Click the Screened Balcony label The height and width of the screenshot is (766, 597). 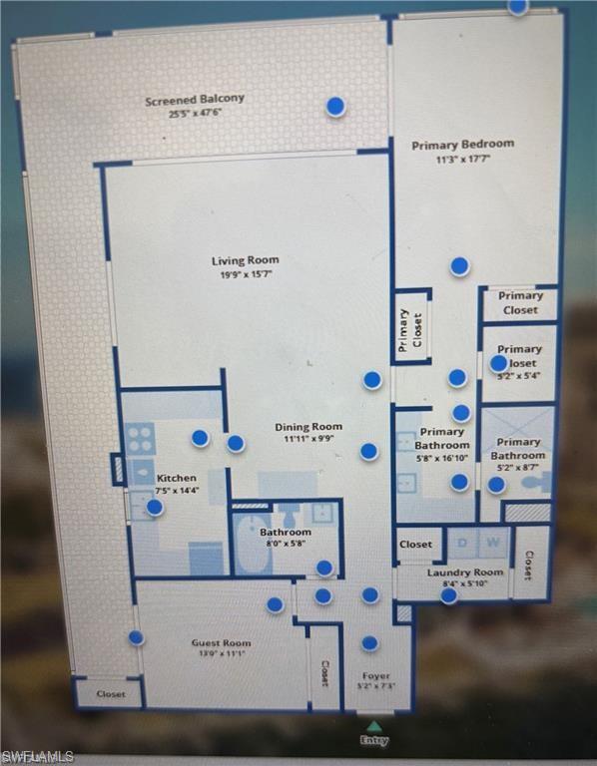pos(194,100)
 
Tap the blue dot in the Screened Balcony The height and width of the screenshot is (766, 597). pos(336,106)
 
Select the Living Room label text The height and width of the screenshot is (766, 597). pos(245,261)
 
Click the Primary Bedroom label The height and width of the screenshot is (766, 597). pos(462,145)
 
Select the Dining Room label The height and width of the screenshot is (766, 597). pos(308,427)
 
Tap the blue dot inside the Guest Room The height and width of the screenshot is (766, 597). pos(275,604)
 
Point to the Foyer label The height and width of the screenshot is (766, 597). pos(375,675)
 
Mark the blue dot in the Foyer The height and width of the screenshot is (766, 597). pos(369,643)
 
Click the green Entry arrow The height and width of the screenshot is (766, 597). pos(373,726)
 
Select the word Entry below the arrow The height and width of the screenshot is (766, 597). pos(374,740)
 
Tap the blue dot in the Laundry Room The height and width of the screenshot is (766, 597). pos(449,595)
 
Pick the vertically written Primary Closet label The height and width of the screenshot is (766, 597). pos(411,329)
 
